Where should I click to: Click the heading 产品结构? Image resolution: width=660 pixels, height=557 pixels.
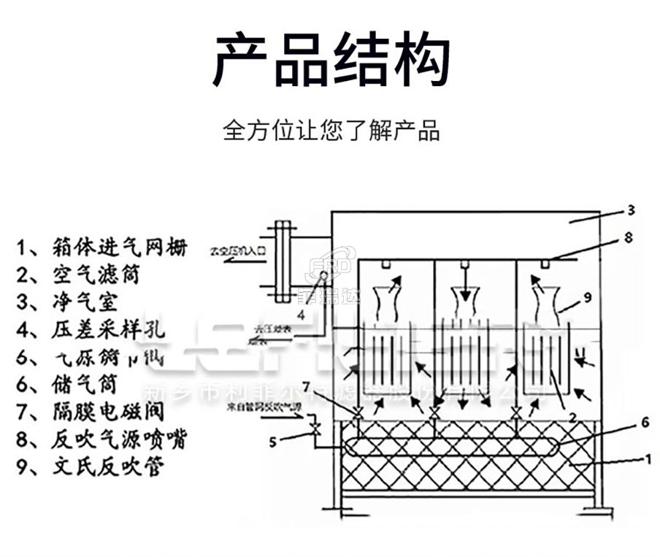pyautogui.click(x=330, y=60)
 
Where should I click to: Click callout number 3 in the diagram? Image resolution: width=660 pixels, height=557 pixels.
pyautogui.click(x=630, y=210)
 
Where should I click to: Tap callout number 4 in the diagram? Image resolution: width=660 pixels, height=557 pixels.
pyautogui.click(x=300, y=315)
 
